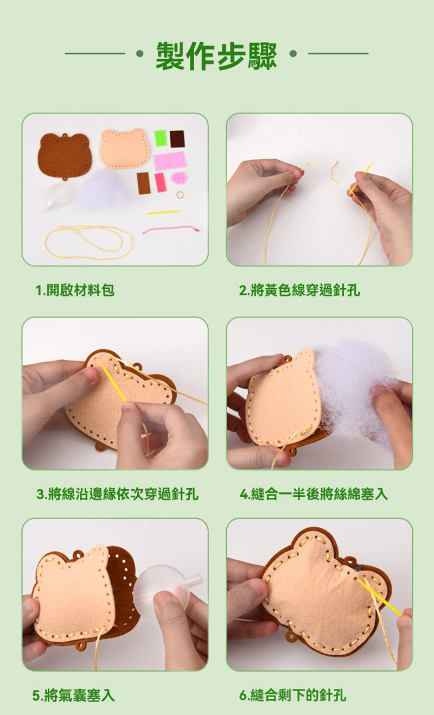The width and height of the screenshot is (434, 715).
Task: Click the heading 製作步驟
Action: point(216,55)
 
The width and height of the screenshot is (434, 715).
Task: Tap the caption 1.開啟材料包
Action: point(75,290)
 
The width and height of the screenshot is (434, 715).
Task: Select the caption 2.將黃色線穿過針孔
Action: point(299,290)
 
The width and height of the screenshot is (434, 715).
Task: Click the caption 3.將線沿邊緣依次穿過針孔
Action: point(117,494)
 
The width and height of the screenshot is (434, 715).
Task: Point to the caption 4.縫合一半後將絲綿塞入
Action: point(314,494)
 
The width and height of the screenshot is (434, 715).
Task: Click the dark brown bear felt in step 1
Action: point(65,156)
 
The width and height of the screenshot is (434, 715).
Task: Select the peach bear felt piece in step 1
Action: point(124,148)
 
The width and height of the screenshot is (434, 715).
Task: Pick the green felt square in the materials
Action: point(161,138)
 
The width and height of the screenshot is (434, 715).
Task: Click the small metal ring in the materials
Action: point(180,194)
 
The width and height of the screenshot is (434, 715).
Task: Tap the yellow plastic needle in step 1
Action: point(163,212)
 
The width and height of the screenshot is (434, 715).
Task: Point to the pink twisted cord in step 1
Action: point(171,229)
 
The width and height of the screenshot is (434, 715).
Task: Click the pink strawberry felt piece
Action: point(178,178)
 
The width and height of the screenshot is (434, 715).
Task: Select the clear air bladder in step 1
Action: point(56,197)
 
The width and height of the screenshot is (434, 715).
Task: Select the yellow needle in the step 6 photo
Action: point(379,597)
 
